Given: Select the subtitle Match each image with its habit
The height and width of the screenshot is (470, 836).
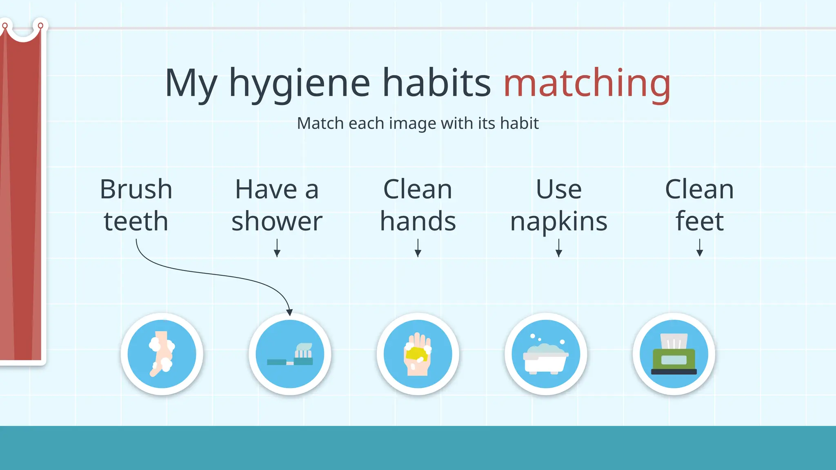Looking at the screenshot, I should point(418,123).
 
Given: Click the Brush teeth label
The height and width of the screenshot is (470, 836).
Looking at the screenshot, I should point(136,205).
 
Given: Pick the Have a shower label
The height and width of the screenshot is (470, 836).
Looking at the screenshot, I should point(277,205).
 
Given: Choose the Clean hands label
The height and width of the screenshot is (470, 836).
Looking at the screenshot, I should point(418,205).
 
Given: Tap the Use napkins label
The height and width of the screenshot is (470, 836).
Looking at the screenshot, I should point(559,205).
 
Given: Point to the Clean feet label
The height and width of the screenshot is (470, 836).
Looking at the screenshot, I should point(699,205).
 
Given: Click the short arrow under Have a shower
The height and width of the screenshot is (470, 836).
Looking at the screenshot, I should point(277,248).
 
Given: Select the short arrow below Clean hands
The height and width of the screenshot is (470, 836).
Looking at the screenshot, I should point(418,248).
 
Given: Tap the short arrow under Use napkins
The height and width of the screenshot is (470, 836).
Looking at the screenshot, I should point(559,248).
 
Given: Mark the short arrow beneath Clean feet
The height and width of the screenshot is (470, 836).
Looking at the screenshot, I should point(699,248).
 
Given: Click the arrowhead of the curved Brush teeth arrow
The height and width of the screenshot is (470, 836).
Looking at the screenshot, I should point(289,312).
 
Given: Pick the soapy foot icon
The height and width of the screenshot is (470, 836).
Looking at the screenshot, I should point(162,354).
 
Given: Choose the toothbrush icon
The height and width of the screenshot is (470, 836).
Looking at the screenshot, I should point(290,354).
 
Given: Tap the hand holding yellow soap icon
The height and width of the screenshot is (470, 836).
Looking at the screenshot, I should point(418,354).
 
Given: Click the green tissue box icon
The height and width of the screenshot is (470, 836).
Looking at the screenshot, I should point(674,354).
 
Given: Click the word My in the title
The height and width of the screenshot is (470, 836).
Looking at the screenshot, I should point(191,84).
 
